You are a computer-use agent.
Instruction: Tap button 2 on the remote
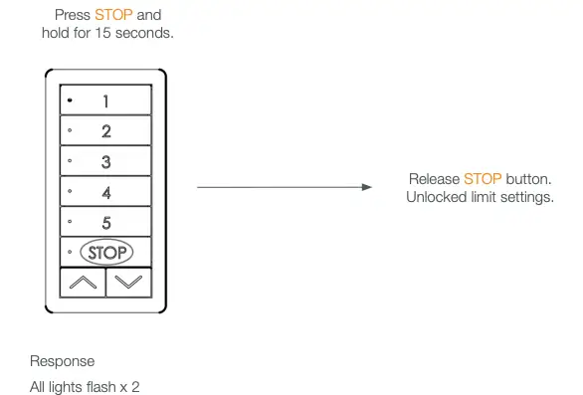(x=105, y=130)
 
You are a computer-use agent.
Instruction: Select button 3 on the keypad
(x=105, y=161)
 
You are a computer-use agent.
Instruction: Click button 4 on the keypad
(x=105, y=191)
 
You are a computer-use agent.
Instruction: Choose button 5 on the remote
(x=105, y=222)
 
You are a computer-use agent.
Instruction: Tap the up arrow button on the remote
(x=82, y=282)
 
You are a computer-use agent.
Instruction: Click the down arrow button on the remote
(x=128, y=282)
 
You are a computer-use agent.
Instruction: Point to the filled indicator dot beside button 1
(x=70, y=100)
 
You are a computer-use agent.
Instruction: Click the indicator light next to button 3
(x=70, y=160)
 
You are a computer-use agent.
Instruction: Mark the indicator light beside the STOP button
(x=70, y=253)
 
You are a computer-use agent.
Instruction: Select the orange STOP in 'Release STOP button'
(x=483, y=179)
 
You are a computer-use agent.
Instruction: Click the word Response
(x=62, y=361)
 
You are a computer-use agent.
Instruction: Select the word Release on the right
(x=434, y=179)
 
